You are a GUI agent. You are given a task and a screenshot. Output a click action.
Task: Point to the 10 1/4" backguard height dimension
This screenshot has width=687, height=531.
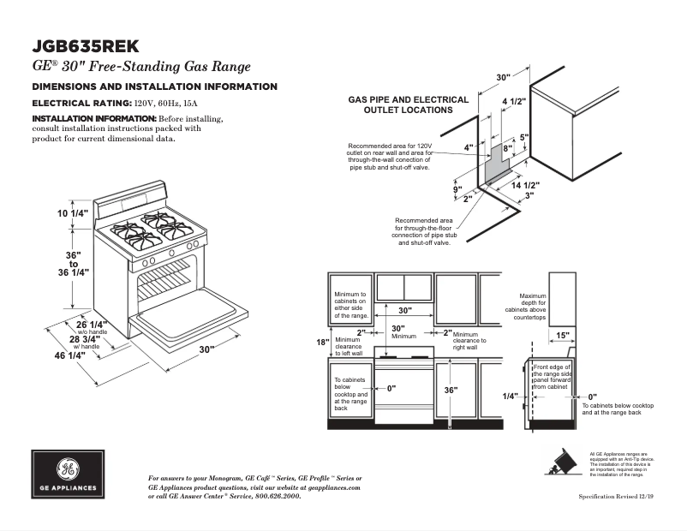73,214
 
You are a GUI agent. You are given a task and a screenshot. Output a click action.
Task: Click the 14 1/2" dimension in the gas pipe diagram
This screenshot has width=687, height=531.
525,185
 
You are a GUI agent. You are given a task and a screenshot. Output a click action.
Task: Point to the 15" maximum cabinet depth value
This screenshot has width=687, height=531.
563,335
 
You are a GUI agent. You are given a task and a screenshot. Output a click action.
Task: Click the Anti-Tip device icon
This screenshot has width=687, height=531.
565,461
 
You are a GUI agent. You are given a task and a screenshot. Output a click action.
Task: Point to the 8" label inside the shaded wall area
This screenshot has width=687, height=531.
507,148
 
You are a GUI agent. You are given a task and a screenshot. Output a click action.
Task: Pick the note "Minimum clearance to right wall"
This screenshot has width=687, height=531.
469,341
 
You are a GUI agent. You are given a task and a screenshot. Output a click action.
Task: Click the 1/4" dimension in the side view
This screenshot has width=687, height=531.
511,397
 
